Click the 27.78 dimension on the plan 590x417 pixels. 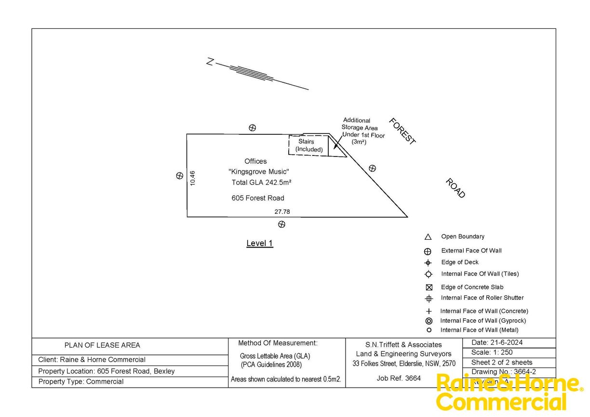pos(282,211)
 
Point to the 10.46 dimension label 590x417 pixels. pos(193,178)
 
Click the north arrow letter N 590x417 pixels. pos(210,62)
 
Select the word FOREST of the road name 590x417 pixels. pos(402,130)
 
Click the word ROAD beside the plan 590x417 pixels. pos(455,188)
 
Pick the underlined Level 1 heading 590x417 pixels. pos(259,243)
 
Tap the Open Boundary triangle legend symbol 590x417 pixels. pos(428,237)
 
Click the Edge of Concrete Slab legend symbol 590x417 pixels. pos(429,287)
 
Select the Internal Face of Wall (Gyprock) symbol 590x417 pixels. pos(429,321)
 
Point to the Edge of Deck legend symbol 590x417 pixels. pos(428,262)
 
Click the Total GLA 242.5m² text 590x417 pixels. pos(261,182)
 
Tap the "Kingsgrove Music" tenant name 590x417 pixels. pos(259,172)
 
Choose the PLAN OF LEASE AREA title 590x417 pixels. pos(102,345)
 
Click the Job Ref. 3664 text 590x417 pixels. pos(398,378)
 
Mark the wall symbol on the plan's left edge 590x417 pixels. pos(179,176)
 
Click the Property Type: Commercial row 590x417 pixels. pos(81,382)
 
